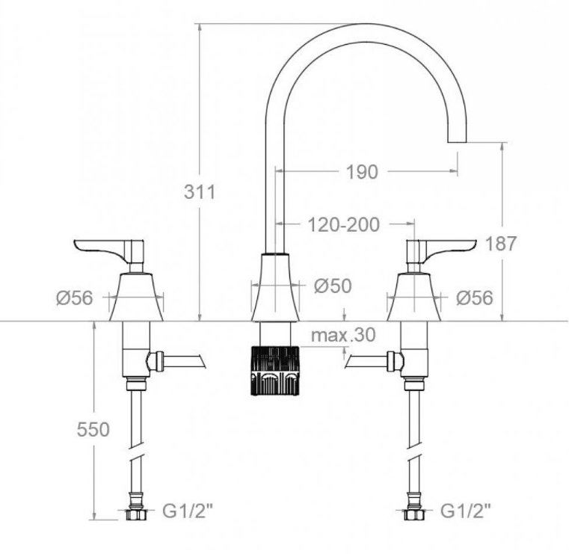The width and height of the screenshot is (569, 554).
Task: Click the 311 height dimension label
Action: pyautogui.click(x=200, y=191)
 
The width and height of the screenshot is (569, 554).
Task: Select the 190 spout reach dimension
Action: pyautogui.click(x=362, y=172)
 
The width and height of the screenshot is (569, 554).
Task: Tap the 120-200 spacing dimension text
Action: pyautogui.click(x=344, y=224)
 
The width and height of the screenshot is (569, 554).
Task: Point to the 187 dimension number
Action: pyautogui.click(x=500, y=244)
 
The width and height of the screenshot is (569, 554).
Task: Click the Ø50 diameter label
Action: pyautogui.click(x=333, y=286)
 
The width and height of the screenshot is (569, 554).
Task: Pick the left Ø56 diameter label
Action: pyautogui.click(x=75, y=298)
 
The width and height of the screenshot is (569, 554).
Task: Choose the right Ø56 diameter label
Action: pyautogui.click(x=475, y=298)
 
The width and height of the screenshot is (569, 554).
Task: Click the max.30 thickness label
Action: pyautogui.click(x=343, y=335)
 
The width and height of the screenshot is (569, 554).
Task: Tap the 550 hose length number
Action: pyautogui.click(x=93, y=430)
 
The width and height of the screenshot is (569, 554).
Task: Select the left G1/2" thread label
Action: pyautogui.click(x=187, y=511)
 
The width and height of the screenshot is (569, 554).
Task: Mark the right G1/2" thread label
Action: pyautogui.click(x=466, y=511)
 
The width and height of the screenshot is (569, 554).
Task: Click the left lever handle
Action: pyautogui.click(x=109, y=251)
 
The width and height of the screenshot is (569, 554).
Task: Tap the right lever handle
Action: pyautogui.click(x=441, y=251)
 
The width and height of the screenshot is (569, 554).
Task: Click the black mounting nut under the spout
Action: pyautogui.click(x=275, y=370)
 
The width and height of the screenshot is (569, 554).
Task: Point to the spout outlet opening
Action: pyautogui.click(x=457, y=142)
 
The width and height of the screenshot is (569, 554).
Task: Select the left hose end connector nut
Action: pyautogui.click(x=136, y=514)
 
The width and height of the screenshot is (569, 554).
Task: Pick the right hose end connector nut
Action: pyautogui.click(x=414, y=514)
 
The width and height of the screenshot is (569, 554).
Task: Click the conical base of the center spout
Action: pyautogui.click(x=275, y=287)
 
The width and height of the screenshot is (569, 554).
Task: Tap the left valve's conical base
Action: pyautogui.click(x=136, y=297)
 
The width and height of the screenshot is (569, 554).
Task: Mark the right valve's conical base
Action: pyautogui.click(x=413, y=297)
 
